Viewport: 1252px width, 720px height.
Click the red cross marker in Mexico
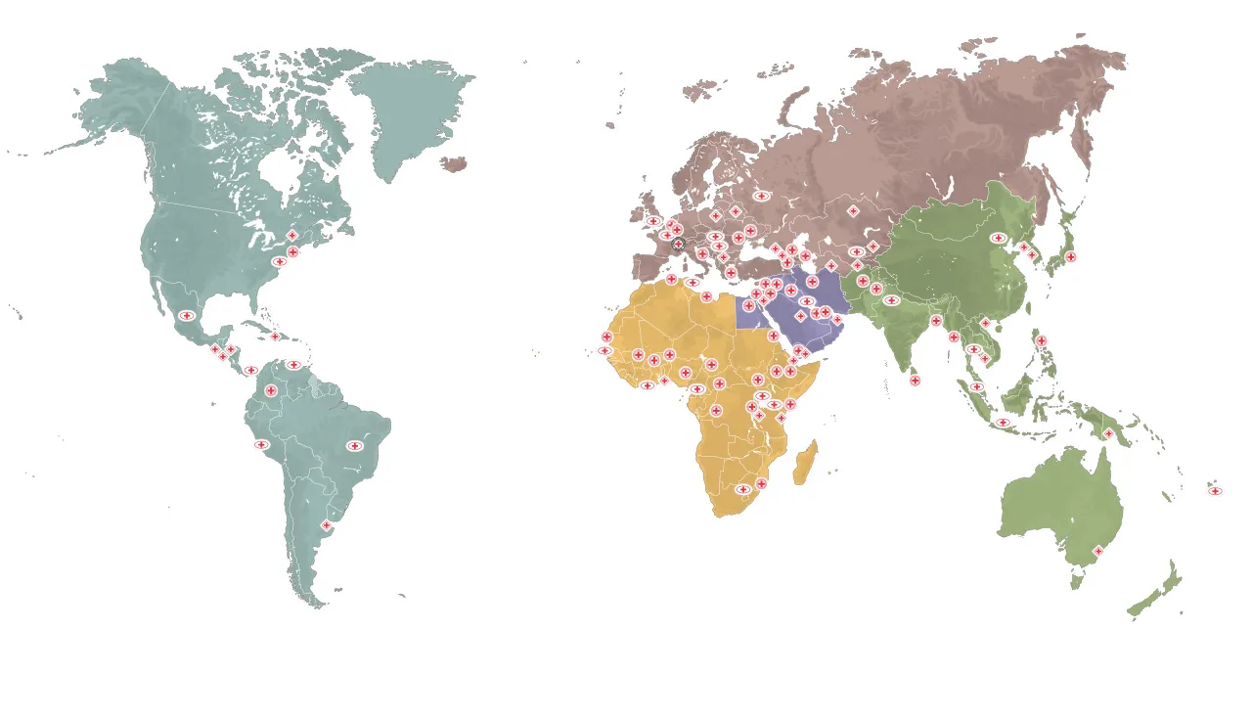tap(186, 316)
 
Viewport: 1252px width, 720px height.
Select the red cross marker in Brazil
tap(355, 446)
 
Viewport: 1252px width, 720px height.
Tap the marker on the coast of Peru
tap(261, 445)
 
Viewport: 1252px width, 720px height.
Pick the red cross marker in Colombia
tap(271, 390)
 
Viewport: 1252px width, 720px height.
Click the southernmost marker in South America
tap(327, 525)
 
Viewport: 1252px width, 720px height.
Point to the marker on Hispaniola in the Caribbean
tap(275, 337)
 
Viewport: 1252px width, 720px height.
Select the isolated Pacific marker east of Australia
tap(1215, 491)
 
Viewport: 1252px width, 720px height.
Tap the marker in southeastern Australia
tap(1097, 551)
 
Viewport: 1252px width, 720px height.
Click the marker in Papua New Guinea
tap(1108, 433)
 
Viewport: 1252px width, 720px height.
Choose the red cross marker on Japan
tap(1071, 257)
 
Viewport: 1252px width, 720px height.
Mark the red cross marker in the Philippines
tap(1041, 341)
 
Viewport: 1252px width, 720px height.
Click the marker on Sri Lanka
tap(915, 381)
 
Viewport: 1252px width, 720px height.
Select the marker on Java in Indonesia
tap(1003, 423)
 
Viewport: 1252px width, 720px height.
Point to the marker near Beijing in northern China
tap(998, 238)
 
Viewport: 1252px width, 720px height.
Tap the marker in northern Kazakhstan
tap(853, 211)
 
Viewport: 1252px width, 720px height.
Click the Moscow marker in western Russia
tap(761, 196)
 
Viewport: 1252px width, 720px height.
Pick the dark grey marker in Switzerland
tap(678, 244)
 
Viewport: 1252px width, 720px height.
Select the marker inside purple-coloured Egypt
tap(748, 306)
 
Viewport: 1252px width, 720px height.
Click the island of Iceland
tap(454, 164)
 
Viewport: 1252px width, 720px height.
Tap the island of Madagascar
tap(806, 463)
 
